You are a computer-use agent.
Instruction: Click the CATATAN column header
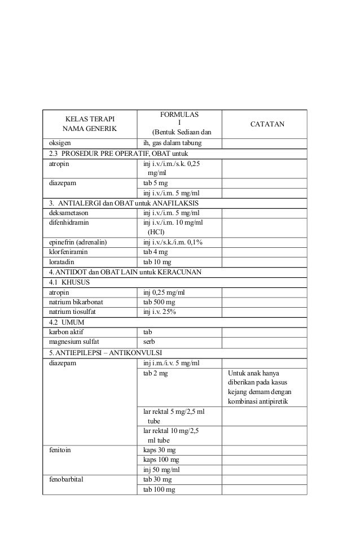(x=264, y=124)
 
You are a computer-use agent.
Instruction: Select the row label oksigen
(x=55, y=143)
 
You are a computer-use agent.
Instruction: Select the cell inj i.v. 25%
(x=160, y=312)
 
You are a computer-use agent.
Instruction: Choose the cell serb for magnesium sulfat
(x=150, y=342)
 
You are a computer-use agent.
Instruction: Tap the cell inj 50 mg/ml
(x=161, y=470)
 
